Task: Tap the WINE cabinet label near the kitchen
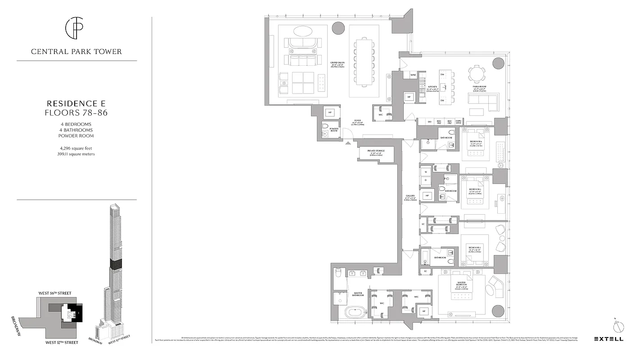pyautogui.click(x=413, y=76)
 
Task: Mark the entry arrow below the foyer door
pyautogui.click(x=347, y=144)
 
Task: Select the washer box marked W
pyautogui.click(x=425, y=172)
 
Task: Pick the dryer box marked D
pyautogui.click(x=425, y=180)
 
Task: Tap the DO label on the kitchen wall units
pyautogui.click(x=429, y=121)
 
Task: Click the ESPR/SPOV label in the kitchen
pyautogui.click(x=459, y=121)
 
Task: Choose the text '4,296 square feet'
pyautogui.click(x=77, y=148)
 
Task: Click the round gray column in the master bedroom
pyautogui.click(x=498, y=311)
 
